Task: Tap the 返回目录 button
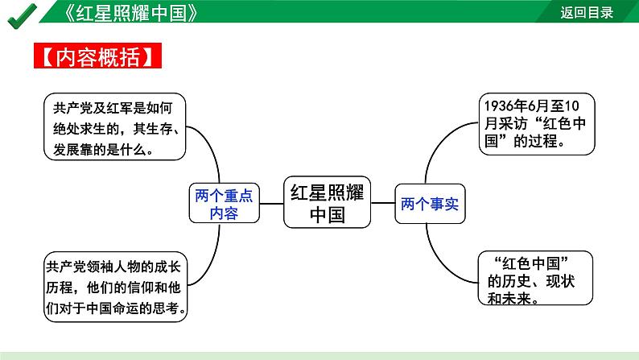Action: click(587, 12)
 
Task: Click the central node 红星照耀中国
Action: click(327, 203)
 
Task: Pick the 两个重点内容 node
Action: click(225, 204)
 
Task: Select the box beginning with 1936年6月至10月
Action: click(538, 122)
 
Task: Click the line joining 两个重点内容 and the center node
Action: click(272, 204)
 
